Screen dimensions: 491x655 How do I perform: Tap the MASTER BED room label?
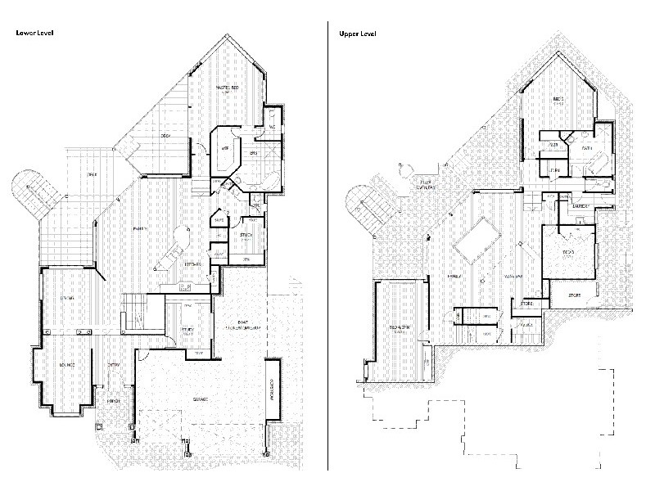(227, 87)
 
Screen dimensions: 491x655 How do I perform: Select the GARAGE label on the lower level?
(200, 399)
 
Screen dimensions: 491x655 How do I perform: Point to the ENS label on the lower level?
(253, 153)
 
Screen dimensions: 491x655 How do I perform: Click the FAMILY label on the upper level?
(454, 277)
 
